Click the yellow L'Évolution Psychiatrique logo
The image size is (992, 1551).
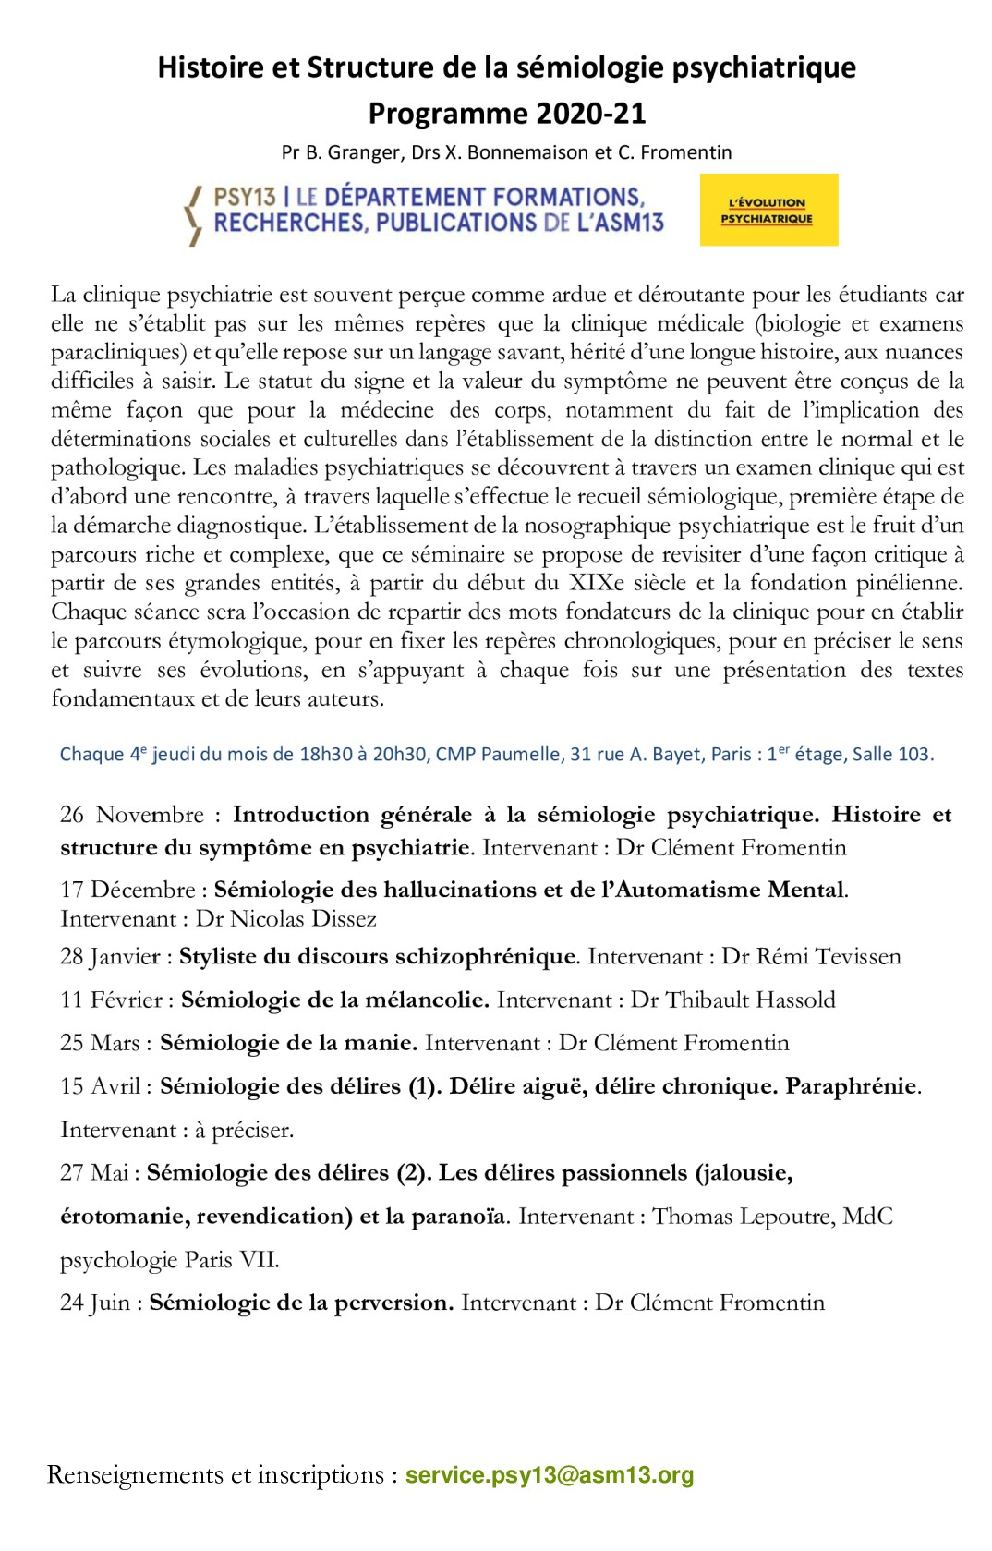pos(768,210)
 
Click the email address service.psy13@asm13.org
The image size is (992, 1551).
pos(550,1475)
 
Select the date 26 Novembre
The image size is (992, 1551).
pos(131,815)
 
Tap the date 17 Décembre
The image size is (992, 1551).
pos(127,890)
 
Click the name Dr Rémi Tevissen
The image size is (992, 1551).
pos(811,956)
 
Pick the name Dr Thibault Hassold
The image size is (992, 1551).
pos(733,1000)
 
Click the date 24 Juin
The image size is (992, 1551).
pos(95,1303)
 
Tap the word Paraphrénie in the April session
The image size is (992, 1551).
pos(851,1086)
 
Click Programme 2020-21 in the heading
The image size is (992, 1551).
pos(506,113)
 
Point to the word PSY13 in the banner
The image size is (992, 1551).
pos(245,197)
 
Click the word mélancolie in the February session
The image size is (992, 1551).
pos(428,1000)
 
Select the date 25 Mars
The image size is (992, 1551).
pos(100,1043)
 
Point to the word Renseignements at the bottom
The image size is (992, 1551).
pos(135,1475)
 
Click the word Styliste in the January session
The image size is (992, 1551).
pos(218,956)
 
